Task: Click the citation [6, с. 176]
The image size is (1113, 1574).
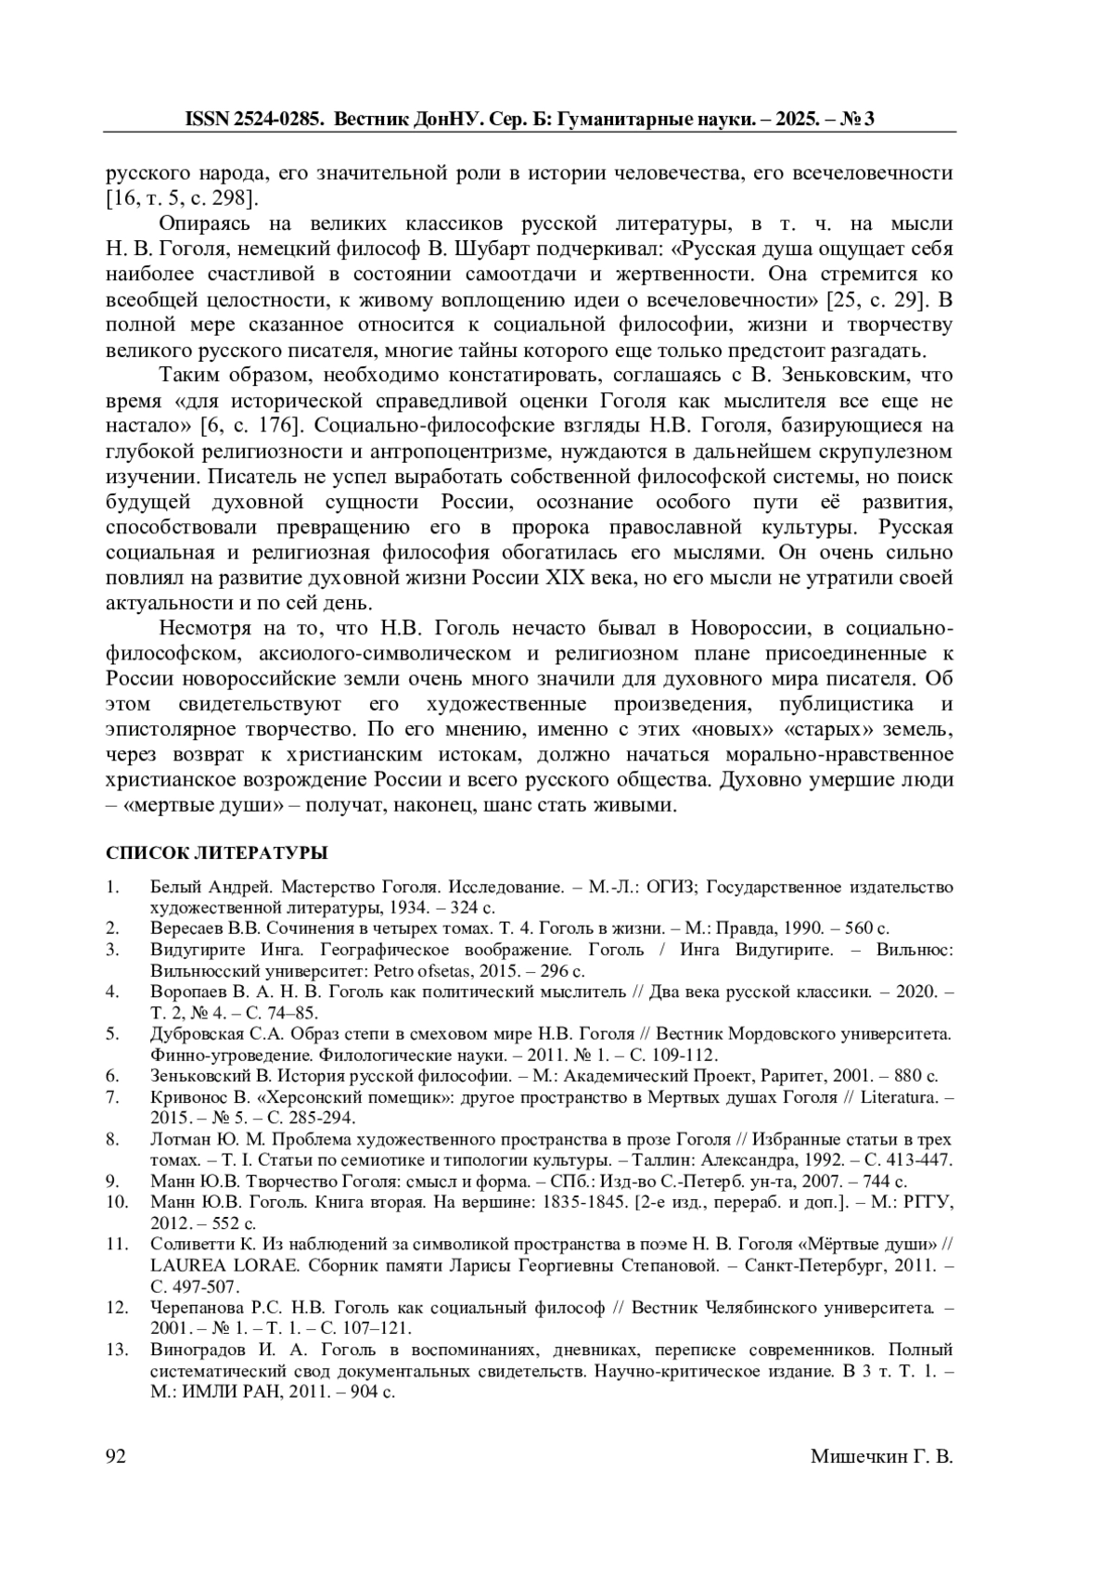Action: click(249, 426)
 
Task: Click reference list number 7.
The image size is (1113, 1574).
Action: click(112, 1098)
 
